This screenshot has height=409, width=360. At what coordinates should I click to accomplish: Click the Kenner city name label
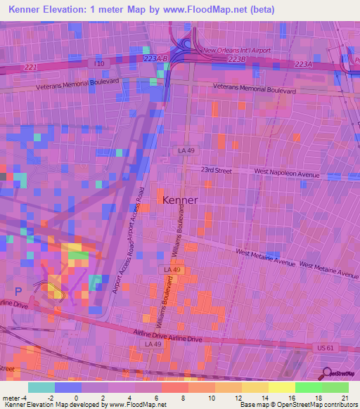[180, 200]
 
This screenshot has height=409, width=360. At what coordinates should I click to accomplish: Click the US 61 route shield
[320, 347]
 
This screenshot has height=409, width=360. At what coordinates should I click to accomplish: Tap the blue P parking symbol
[18, 290]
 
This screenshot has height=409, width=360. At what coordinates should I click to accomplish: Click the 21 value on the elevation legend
[345, 397]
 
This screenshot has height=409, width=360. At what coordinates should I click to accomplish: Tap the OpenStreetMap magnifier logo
[326, 374]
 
